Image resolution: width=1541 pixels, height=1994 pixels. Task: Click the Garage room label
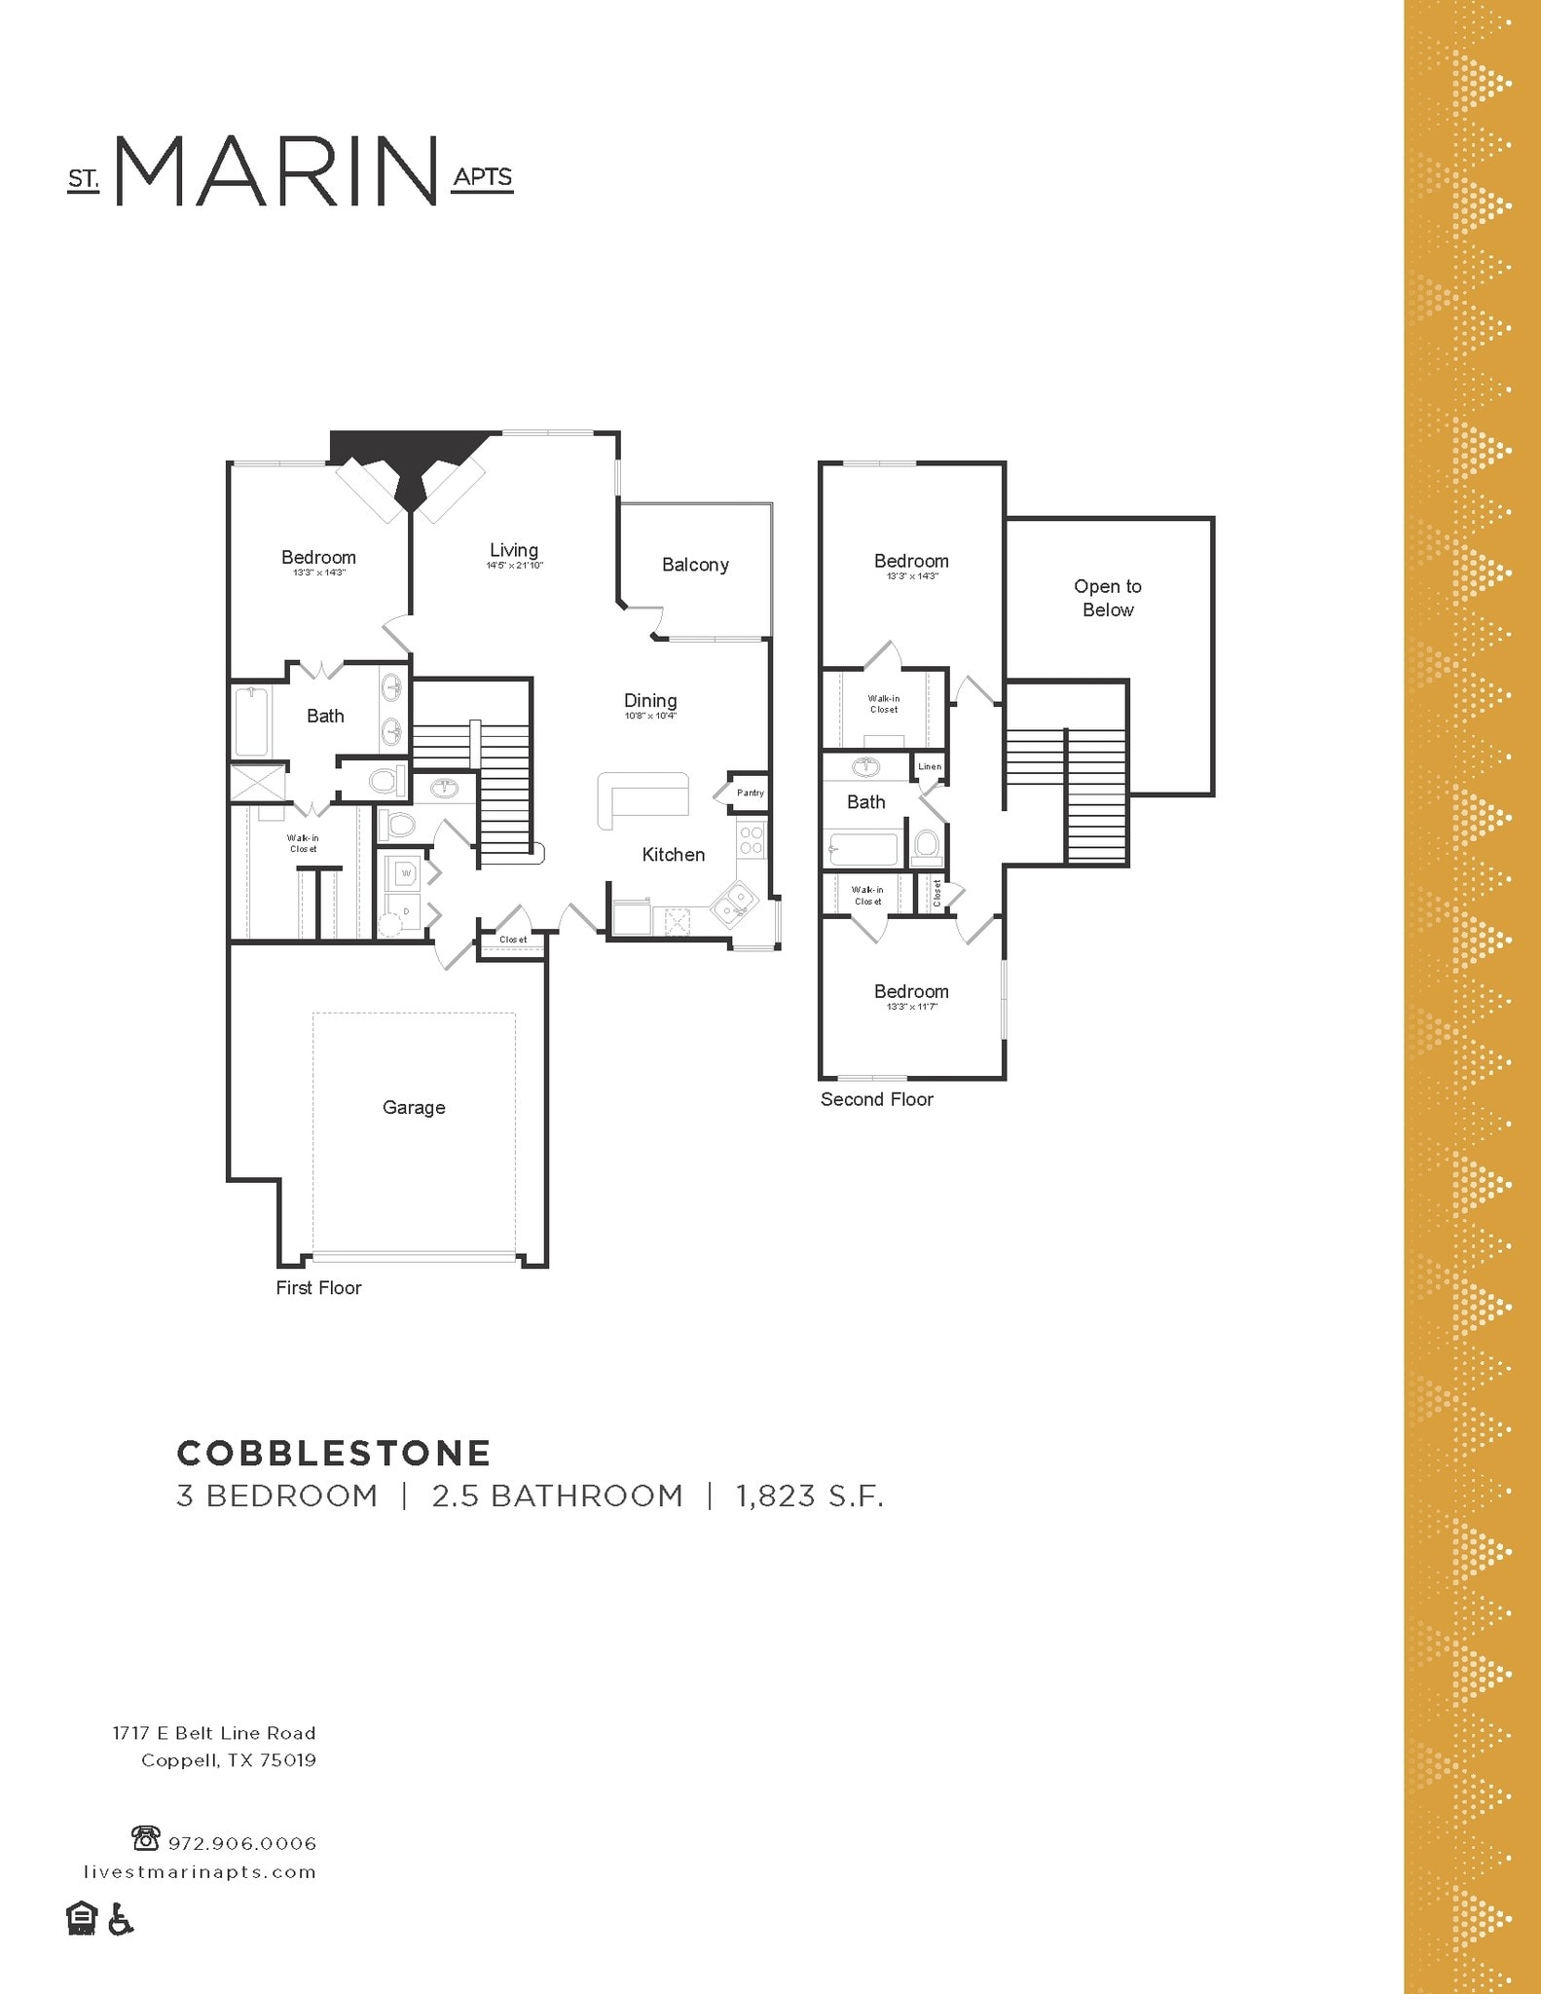[414, 1107]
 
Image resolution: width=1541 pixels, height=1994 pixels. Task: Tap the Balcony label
[695, 565]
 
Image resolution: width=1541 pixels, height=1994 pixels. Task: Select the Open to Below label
[1108, 598]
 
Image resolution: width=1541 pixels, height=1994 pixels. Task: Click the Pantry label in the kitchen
[751, 793]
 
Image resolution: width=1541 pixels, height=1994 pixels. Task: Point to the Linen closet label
[930, 766]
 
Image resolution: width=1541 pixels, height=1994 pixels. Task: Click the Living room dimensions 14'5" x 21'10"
[514, 566]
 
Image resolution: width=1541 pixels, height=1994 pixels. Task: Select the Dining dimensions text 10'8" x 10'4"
[650, 716]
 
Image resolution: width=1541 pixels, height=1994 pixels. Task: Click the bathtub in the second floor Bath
[863, 849]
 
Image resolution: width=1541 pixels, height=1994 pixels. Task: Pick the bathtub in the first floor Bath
[251, 721]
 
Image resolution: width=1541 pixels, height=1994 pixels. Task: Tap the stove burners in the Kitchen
[752, 840]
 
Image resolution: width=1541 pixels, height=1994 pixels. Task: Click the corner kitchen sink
[733, 903]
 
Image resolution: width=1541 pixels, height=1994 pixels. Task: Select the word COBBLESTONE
[334, 1454]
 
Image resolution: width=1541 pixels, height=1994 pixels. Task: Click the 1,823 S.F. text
[809, 1495]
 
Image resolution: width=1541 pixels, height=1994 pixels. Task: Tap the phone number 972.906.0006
[242, 1844]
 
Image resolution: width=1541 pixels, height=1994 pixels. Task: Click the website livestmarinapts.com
[200, 1872]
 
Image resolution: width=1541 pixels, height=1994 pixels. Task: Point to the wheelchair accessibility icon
[120, 1919]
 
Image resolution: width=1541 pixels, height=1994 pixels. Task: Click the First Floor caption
[318, 1288]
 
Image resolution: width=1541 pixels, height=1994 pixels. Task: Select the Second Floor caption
[876, 1099]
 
